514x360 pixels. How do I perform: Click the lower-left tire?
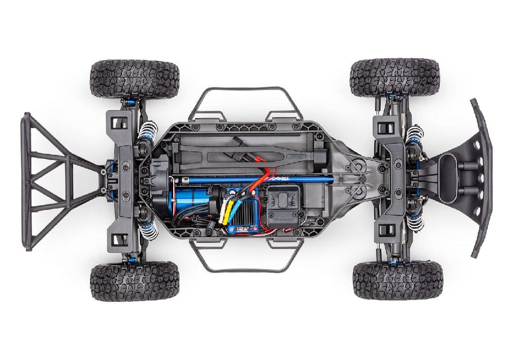coord(135,281)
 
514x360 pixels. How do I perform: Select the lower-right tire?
coord(397,280)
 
